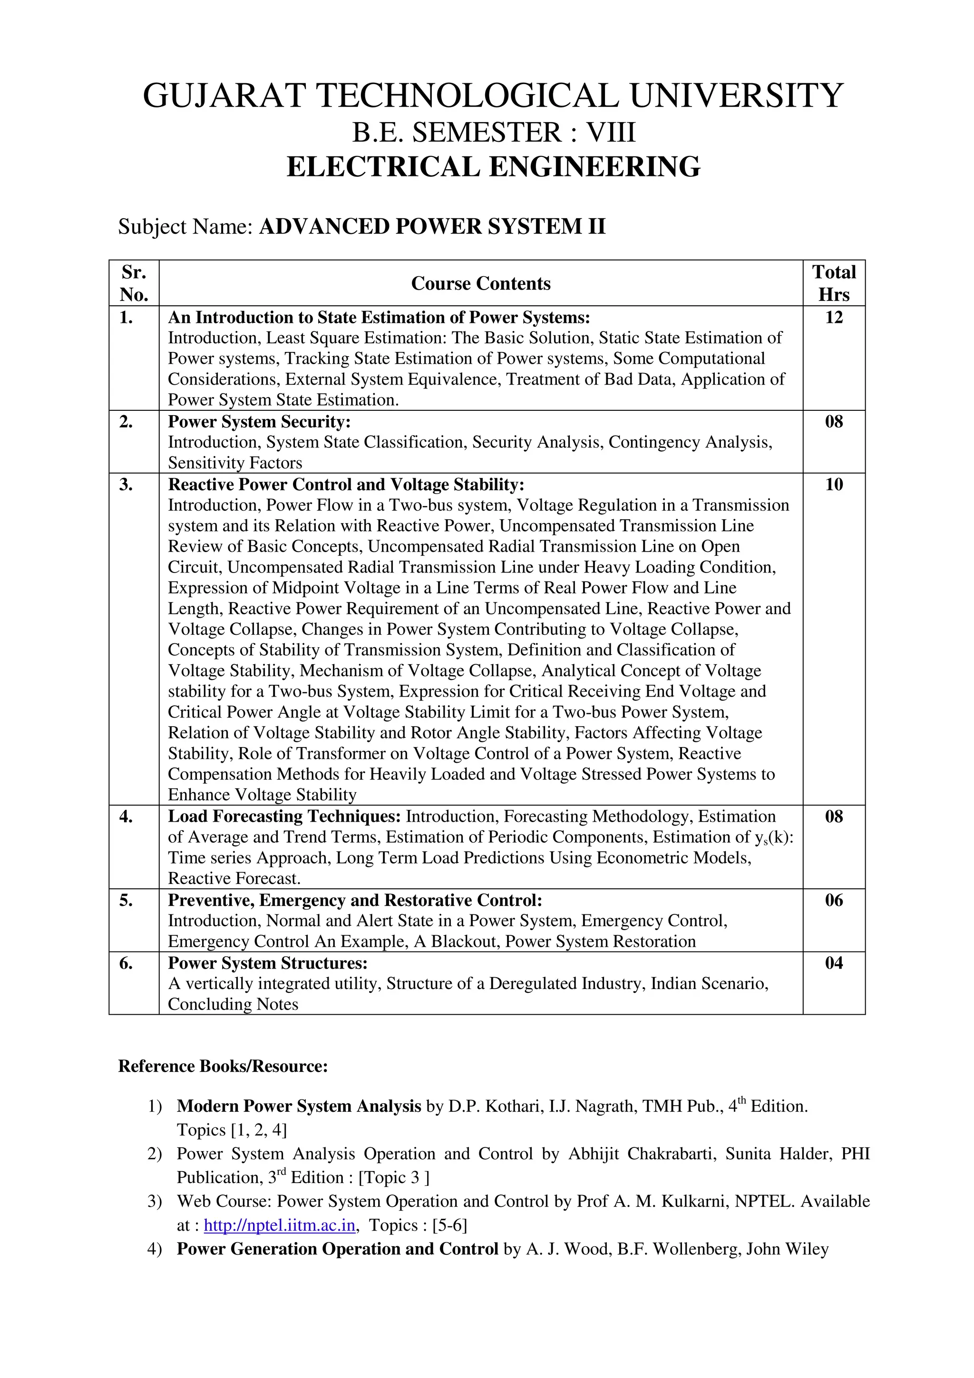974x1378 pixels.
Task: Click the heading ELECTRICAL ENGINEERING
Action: [x=493, y=167]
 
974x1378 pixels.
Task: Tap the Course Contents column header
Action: [x=481, y=283]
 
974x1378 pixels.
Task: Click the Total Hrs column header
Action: [x=834, y=283]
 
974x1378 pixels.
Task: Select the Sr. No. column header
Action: [x=134, y=283]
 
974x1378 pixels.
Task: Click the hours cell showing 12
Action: [x=834, y=318]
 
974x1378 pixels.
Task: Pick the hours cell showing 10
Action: [x=834, y=485]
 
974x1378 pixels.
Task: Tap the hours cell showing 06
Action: [x=834, y=900]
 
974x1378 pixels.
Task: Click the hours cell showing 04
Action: [x=834, y=963]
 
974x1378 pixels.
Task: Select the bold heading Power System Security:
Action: [x=259, y=422]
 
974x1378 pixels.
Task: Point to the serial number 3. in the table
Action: [x=126, y=485]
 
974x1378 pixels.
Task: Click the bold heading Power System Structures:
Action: [x=268, y=963]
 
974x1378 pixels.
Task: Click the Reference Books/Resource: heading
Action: [x=223, y=1067]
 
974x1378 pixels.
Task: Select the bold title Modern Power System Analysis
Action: [x=299, y=1106]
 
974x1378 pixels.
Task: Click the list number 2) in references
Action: [x=155, y=1154]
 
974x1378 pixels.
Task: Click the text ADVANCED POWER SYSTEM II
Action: [x=432, y=227]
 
